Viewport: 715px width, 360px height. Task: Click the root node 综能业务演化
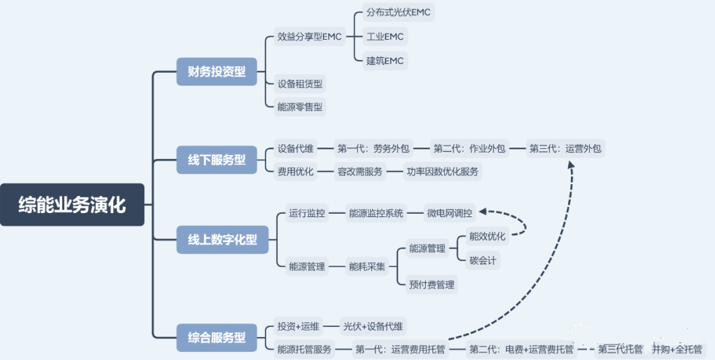[x=72, y=204]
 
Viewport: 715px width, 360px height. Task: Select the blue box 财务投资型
[x=216, y=71]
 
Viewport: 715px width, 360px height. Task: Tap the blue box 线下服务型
[x=216, y=160]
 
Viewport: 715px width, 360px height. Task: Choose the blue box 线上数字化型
[x=222, y=239]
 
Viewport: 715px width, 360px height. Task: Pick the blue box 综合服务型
[x=216, y=337]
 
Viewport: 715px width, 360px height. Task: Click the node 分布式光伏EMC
[x=398, y=12]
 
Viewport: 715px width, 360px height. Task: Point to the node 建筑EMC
[x=384, y=61]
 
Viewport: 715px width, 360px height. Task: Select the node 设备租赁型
[x=300, y=84]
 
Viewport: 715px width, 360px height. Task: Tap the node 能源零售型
[x=300, y=106]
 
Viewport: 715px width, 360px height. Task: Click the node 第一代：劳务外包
[x=373, y=148]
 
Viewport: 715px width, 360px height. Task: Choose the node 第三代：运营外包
[x=565, y=148]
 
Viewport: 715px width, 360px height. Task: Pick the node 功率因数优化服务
[x=442, y=171]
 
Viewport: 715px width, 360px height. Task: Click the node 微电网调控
[x=449, y=213]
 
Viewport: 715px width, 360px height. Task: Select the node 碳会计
[x=484, y=260]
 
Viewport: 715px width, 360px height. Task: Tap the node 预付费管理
[x=431, y=284]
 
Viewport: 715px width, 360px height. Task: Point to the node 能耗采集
[x=367, y=266]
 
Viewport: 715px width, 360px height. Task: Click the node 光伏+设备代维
[x=373, y=326]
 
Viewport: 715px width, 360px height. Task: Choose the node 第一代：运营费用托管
[x=400, y=349]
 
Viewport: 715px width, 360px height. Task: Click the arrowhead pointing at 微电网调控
[x=483, y=214]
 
